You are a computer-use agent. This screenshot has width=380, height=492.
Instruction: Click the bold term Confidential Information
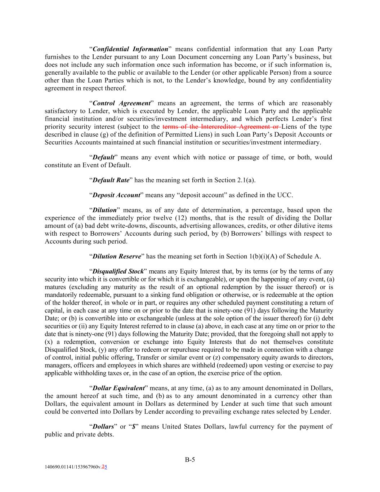[130, 49]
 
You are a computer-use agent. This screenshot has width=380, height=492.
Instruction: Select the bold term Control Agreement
[121, 103]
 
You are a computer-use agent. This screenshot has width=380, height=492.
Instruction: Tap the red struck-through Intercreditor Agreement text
[222, 127]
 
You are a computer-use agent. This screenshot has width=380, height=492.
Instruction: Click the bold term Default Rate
[111, 180]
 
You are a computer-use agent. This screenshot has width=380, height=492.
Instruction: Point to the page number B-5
[190, 460]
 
